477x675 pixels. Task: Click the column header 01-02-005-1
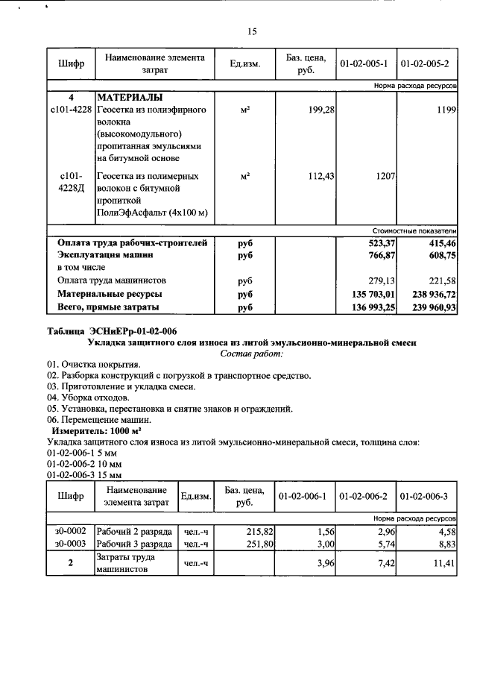pos(366,65)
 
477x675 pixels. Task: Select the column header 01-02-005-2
pos(427,65)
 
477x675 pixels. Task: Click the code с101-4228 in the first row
pos(71,110)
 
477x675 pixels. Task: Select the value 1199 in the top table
pos(446,110)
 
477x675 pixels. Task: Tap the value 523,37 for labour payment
pos(378,243)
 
